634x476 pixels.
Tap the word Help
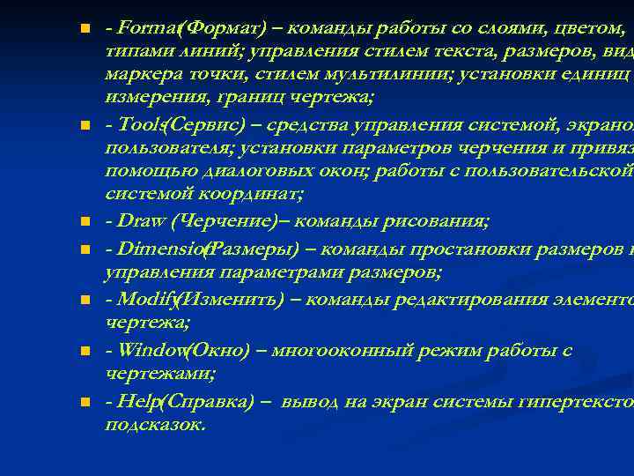pyautogui.click(x=138, y=401)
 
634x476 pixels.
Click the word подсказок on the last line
pyautogui.click(x=154, y=424)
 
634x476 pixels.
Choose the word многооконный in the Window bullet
pyautogui.click(x=329, y=350)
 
